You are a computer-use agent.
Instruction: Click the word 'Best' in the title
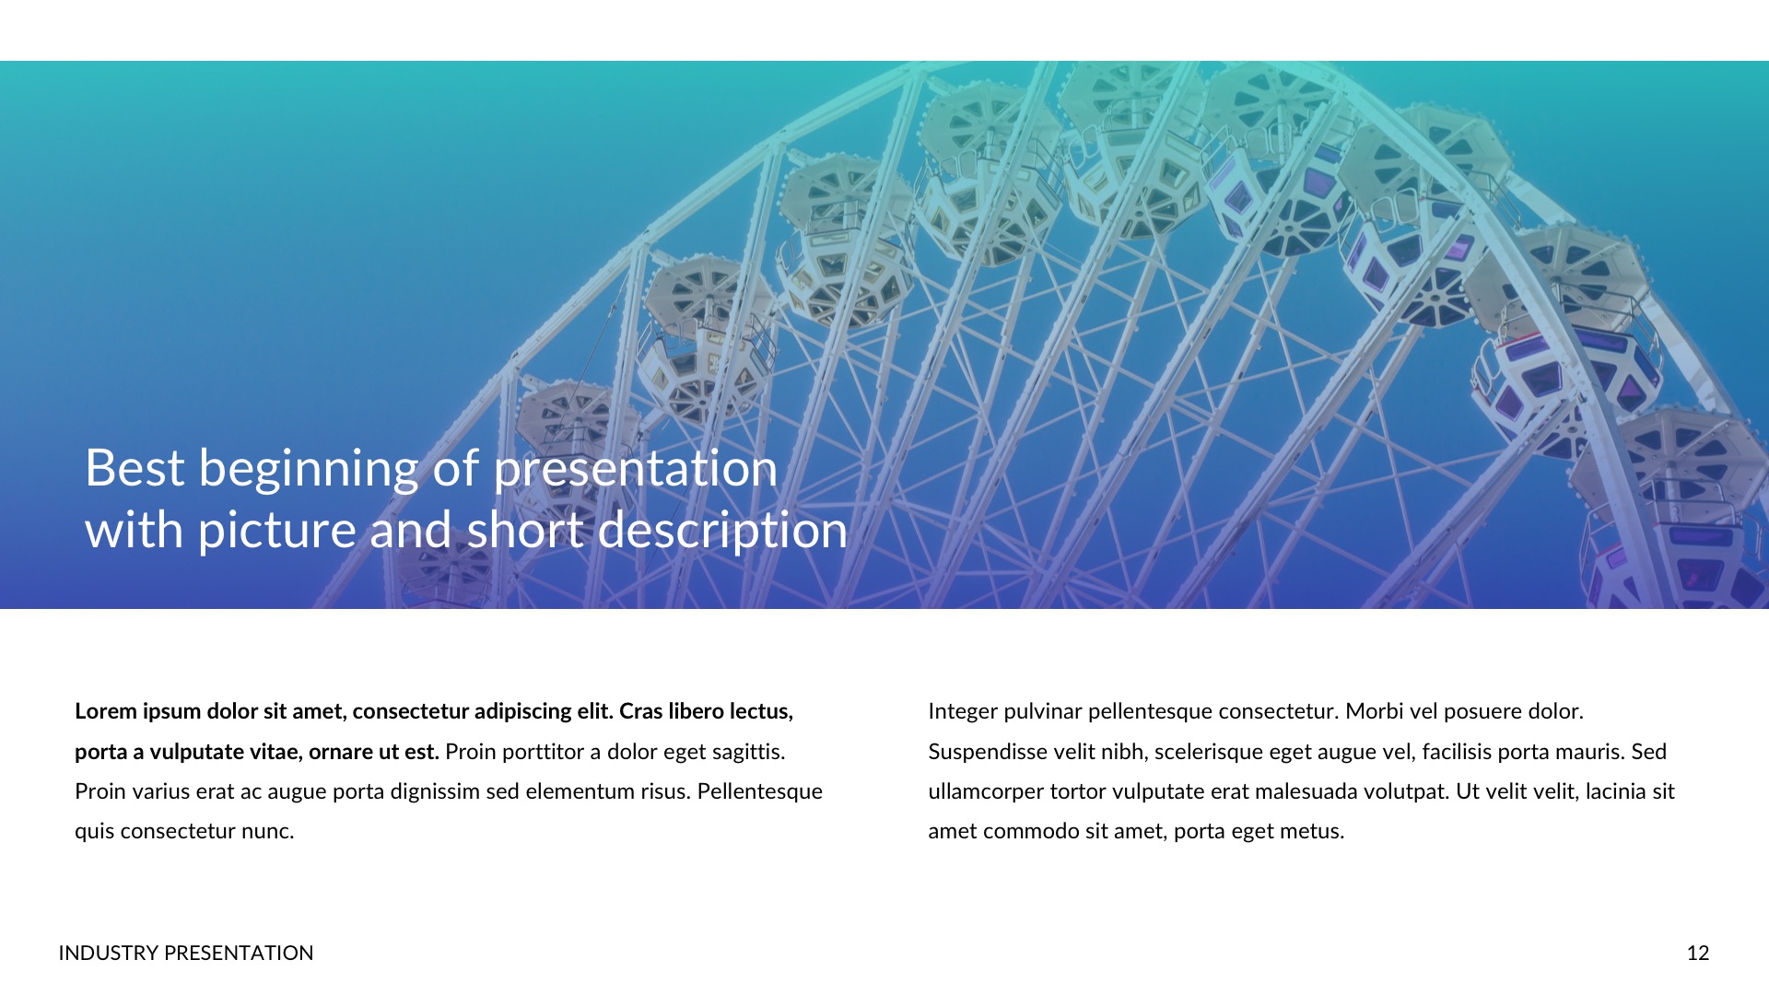coord(135,468)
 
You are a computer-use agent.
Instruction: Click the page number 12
coord(1698,953)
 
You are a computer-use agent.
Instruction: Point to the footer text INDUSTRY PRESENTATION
coord(185,953)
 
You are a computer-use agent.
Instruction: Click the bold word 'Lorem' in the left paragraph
coord(105,711)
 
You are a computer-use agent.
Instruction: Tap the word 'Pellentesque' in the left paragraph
coord(759,791)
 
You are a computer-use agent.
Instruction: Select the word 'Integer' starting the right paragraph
coord(962,711)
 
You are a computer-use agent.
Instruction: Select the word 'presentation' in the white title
coord(636,468)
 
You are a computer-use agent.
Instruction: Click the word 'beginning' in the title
coord(309,468)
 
